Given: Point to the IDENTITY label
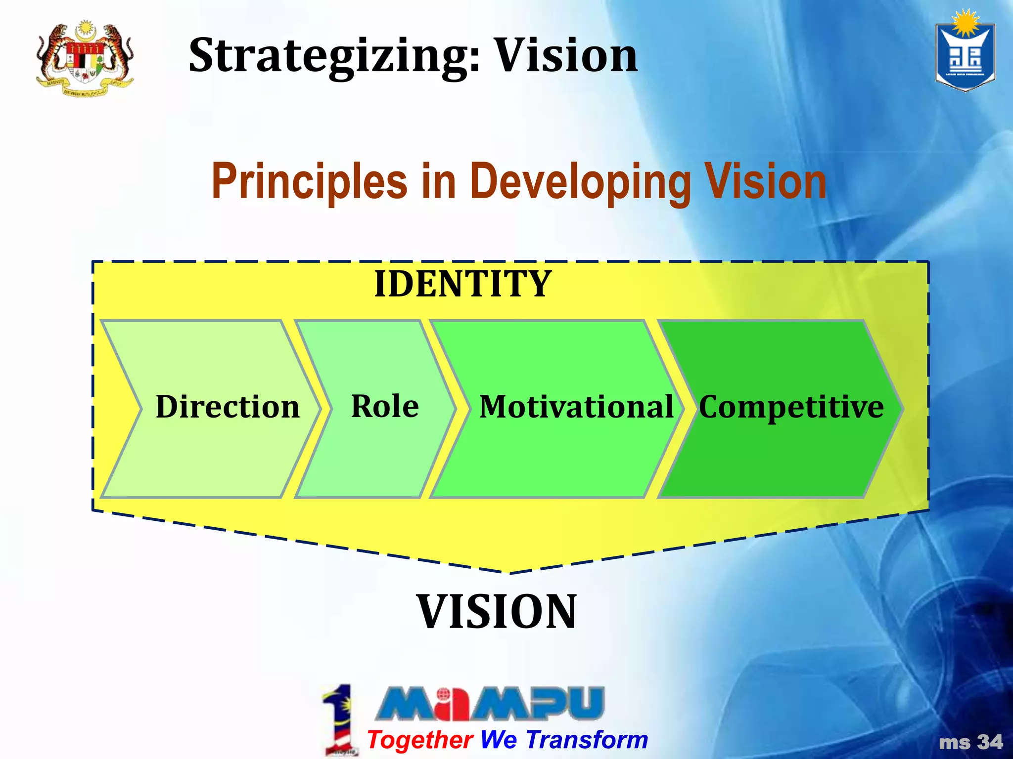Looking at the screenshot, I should point(463,284).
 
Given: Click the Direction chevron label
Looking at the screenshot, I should point(228,407).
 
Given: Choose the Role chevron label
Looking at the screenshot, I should point(385,406).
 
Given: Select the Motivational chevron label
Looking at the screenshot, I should point(576,407).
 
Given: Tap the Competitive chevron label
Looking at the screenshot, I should point(791,407).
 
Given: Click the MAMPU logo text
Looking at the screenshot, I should point(490,703).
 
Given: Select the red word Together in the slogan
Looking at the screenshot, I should point(420,740).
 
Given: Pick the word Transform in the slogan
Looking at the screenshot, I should point(587,740).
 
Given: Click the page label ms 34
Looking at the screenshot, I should point(970,742).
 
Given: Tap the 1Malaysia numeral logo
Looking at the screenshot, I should point(339,719).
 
